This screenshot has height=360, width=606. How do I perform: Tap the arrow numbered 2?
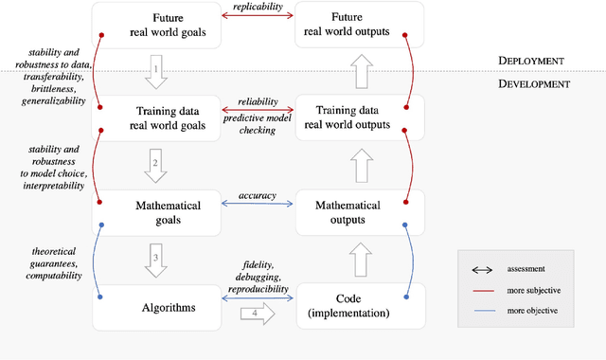[158, 165]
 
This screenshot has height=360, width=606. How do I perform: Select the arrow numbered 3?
[158, 259]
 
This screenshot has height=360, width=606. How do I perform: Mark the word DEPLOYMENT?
[531, 60]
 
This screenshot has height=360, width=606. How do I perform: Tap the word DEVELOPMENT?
[533, 83]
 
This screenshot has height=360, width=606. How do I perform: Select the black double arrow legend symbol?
[480, 268]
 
